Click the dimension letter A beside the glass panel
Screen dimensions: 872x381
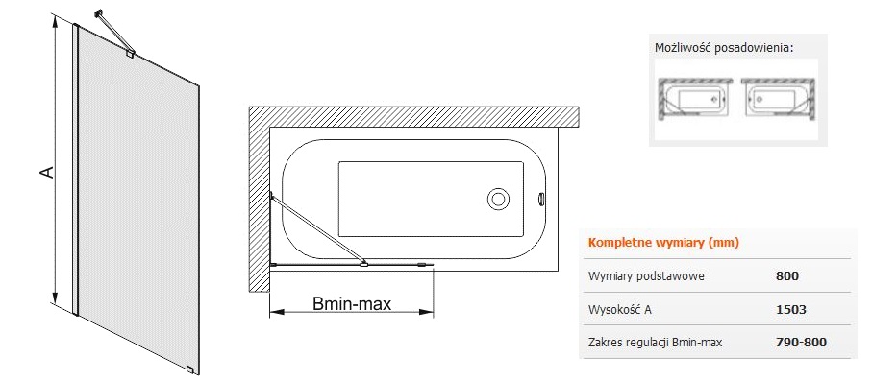(49, 171)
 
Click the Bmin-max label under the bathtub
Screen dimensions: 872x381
(352, 304)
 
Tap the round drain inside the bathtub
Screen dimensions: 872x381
(497, 199)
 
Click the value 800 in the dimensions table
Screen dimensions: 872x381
(786, 276)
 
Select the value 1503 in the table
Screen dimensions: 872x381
(790, 309)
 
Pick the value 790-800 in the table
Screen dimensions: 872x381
(801, 342)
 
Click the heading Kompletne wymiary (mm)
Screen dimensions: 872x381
(663, 243)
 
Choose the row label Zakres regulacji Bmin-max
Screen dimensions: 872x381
(655, 343)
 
